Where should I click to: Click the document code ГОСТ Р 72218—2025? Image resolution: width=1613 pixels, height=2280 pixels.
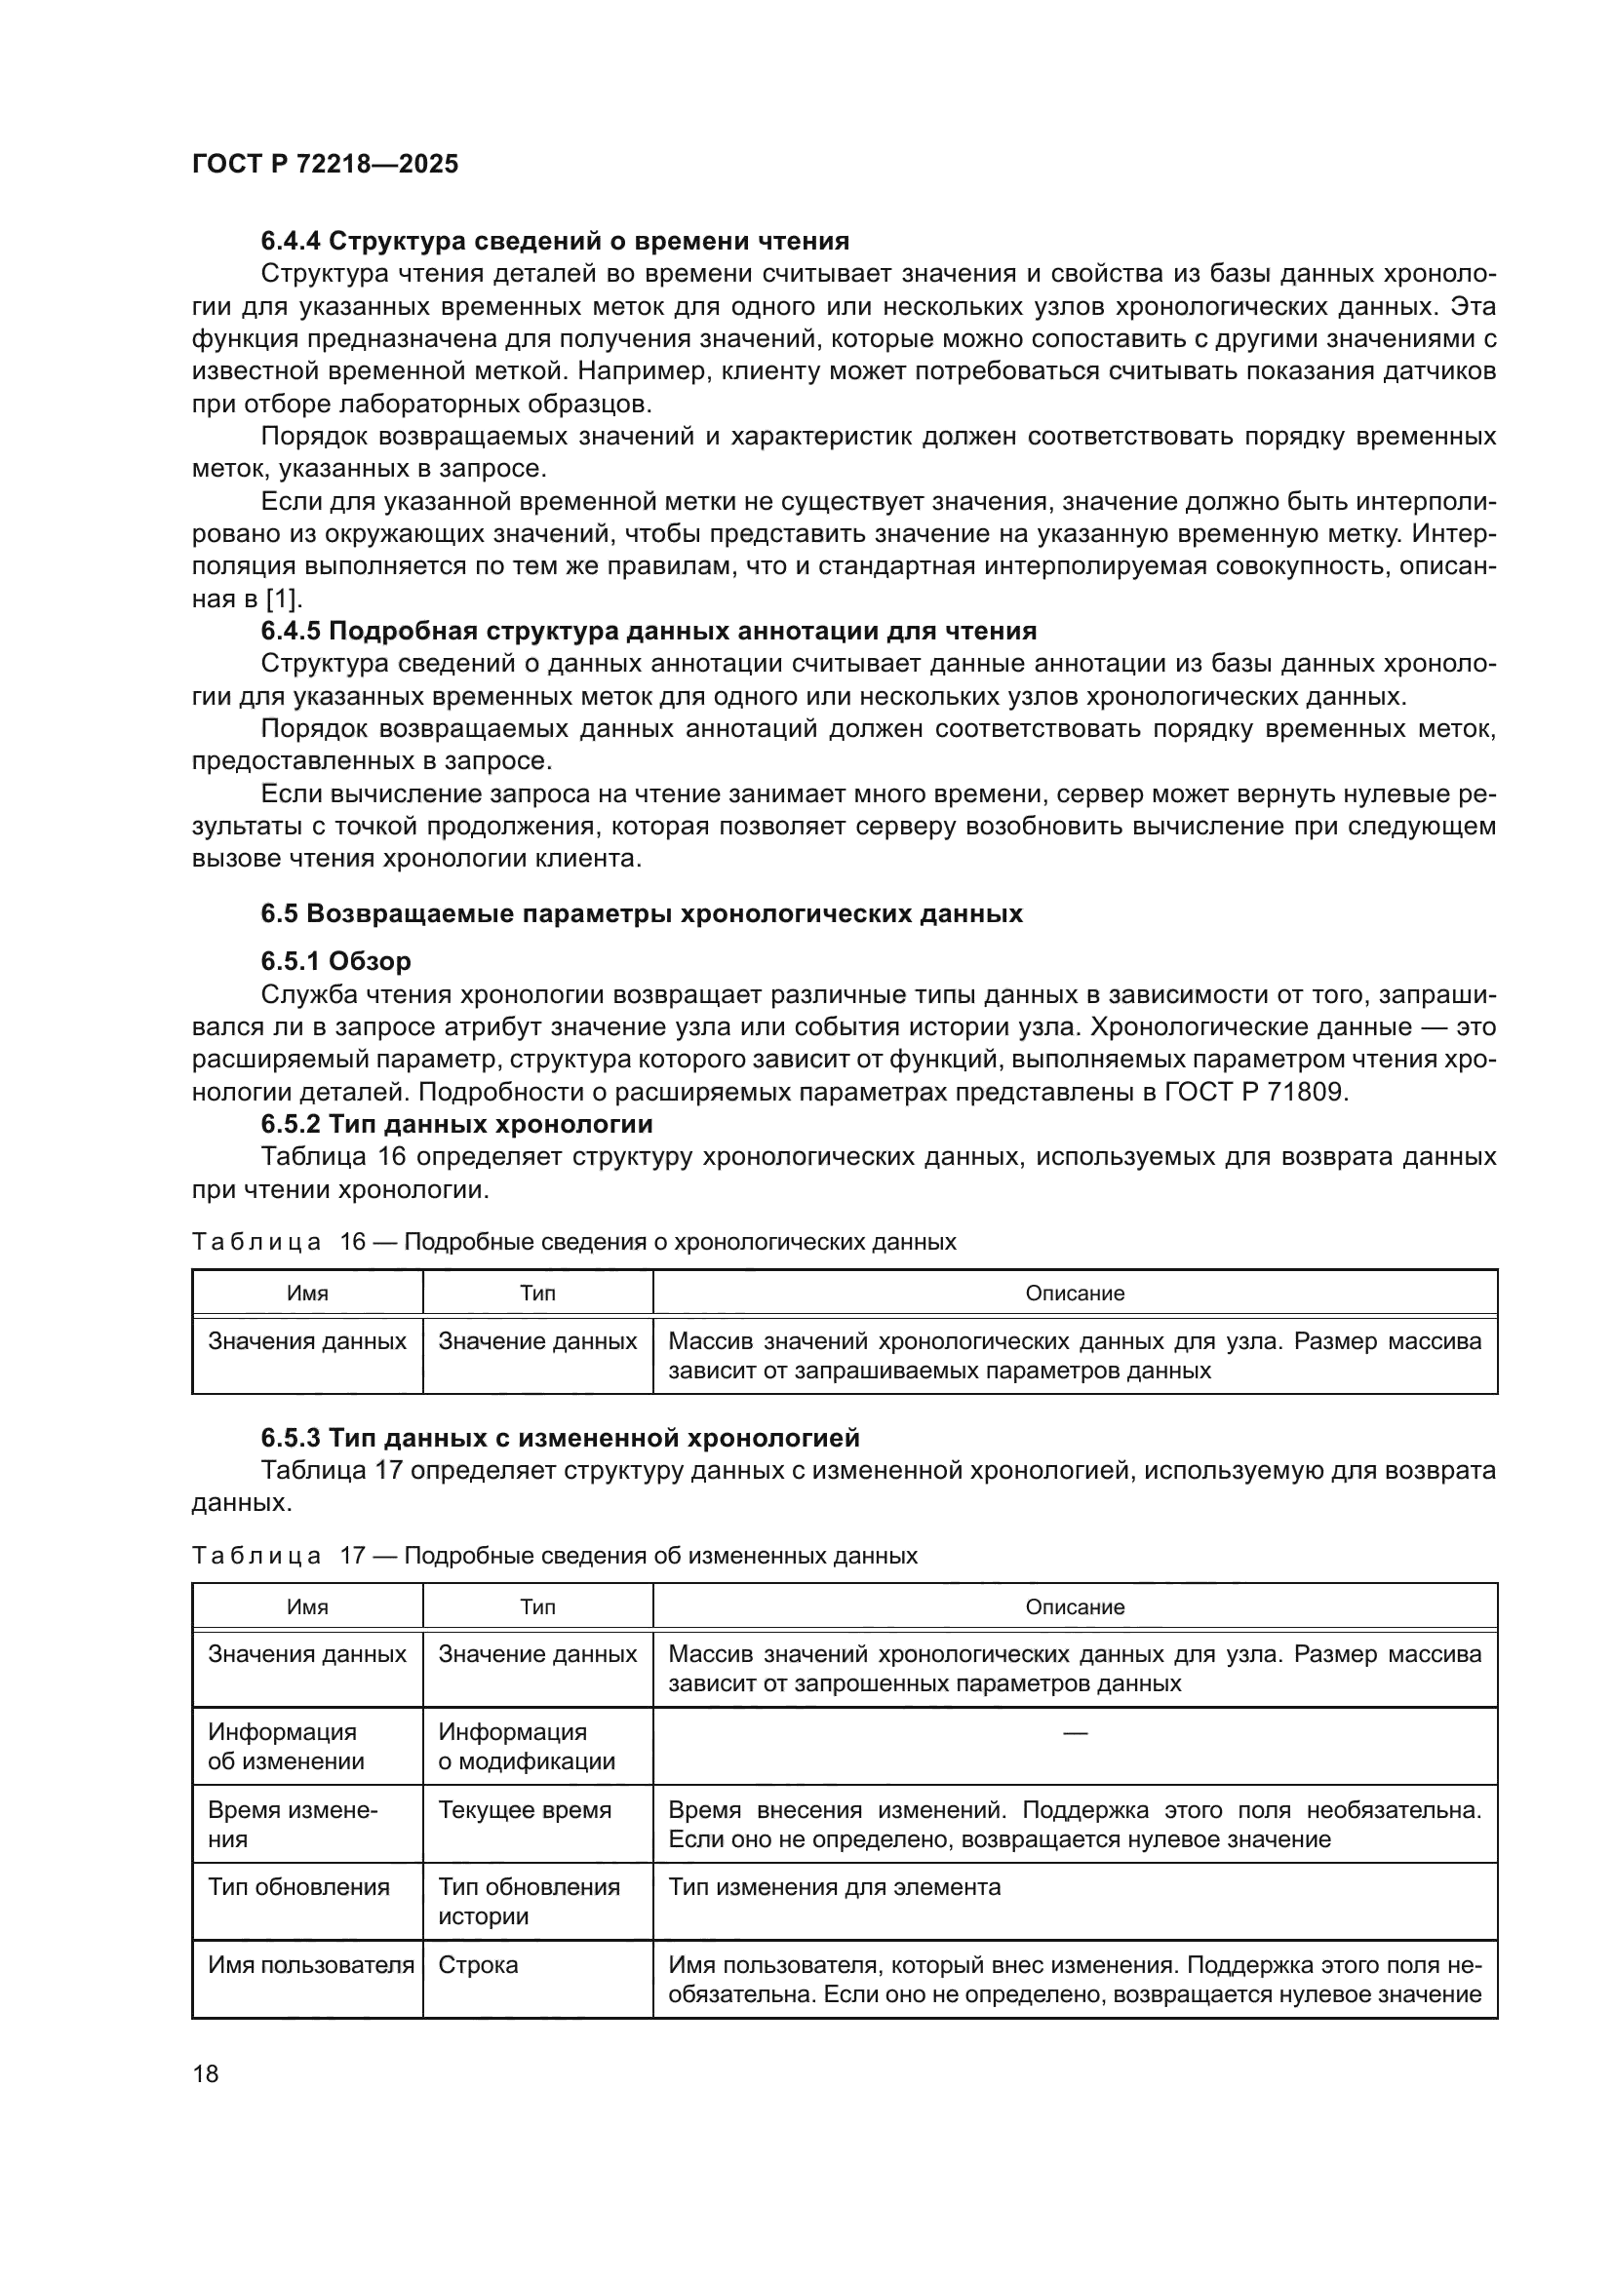pyautogui.click(x=325, y=164)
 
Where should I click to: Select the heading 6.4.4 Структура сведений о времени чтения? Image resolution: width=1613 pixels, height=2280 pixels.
pyautogui.click(x=554, y=242)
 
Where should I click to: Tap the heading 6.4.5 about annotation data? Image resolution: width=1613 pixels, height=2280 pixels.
pyautogui.click(x=648, y=632)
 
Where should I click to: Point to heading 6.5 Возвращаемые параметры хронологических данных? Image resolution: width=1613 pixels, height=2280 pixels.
pyautogui.click(x=641, y=913)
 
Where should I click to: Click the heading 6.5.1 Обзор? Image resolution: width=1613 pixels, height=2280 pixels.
pyautogui.click(x=335, y=961)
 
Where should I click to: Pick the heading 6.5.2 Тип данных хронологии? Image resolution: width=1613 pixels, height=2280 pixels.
pyautogui.click(x=455, y=1124)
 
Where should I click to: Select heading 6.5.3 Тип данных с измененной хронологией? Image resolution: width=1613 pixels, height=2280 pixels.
pyautogui.click(x=559, y=1438)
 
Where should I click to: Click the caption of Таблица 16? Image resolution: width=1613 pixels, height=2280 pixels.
pyautogui.click(x=573, y=1242)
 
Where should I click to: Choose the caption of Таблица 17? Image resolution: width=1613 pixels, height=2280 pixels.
pyautogui.click(x=553, y=1556)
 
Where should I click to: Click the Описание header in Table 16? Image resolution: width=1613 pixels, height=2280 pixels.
pyautogui.click(x=1075, y=1294)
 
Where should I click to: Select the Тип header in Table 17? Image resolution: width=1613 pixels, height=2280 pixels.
pyautogui.click(x=537, y=1607)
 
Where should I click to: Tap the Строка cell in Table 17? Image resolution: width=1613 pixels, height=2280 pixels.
pyautogui.click(x=478, y=1965)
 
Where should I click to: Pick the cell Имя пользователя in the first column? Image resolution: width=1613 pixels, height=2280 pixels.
pyautogui.click(x=310, y=1965)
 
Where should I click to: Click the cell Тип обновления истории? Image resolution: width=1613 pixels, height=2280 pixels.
pyautogui.click(x=529, y=1902)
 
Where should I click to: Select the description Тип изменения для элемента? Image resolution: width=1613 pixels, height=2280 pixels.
pyautogui.click(x=835, y=1888)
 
